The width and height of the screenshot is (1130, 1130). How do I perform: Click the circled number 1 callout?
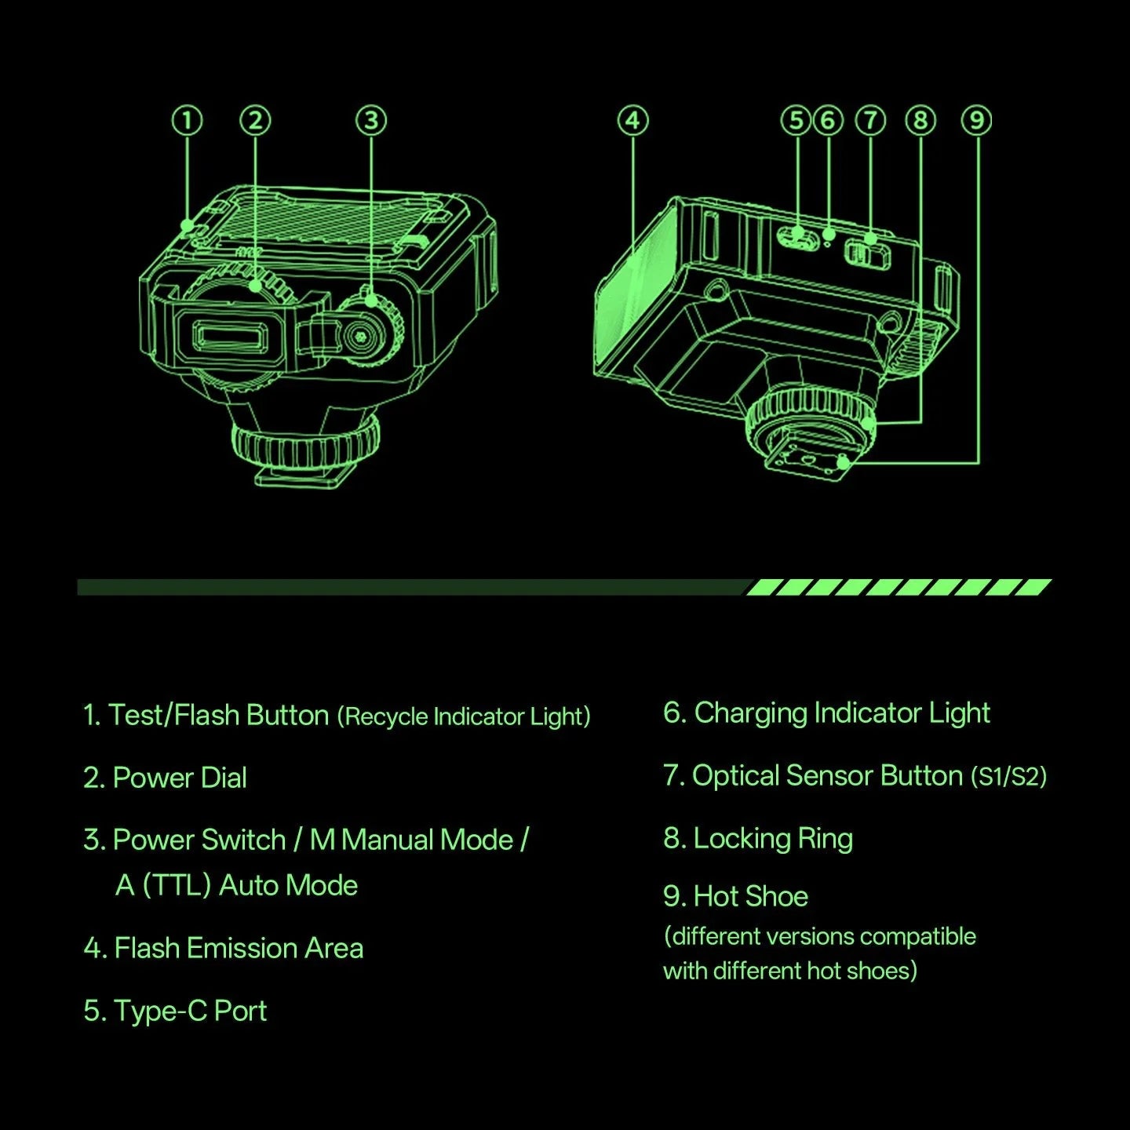point(187,121)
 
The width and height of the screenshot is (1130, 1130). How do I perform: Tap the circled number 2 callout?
point(255,121)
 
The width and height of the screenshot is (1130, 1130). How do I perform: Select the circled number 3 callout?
point(371,121)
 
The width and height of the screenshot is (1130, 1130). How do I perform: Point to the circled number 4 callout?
point(633,121)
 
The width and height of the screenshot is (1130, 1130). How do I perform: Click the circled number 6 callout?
point(828,121)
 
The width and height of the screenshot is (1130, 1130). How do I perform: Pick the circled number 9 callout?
point(977,121)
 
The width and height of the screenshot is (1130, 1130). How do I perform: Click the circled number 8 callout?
point(920,121)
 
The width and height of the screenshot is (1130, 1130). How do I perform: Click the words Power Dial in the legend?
point(180,778)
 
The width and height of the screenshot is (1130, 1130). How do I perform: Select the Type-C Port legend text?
point(190,1011)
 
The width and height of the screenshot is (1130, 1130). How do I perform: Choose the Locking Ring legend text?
point(773,838)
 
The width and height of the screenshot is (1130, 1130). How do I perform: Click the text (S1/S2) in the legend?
point(1008,777)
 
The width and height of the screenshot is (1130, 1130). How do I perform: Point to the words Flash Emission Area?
point(239,948)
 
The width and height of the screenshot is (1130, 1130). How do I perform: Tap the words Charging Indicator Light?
point(841,713)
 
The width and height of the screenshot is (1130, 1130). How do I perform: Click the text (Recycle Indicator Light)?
point(464,716)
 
